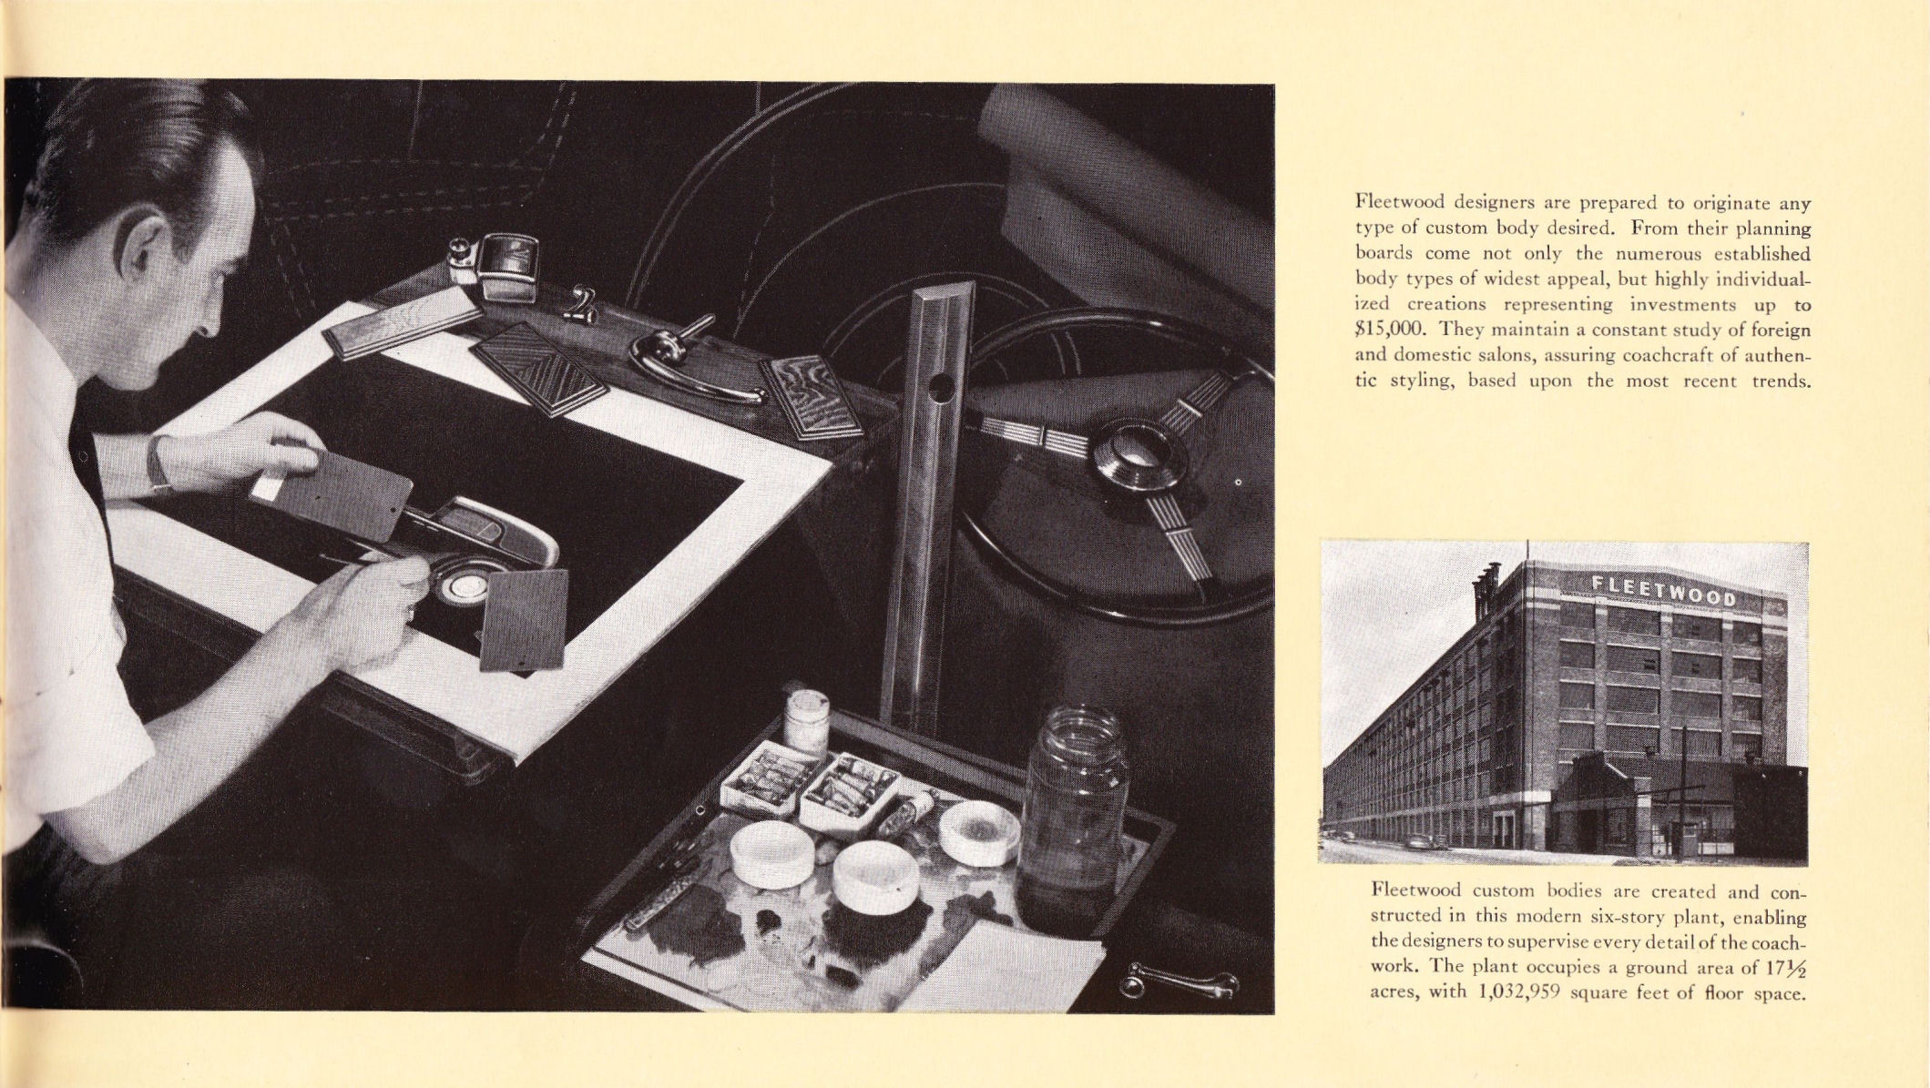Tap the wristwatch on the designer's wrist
[x=160, y=463]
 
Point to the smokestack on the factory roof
[x=1483, y=591]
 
